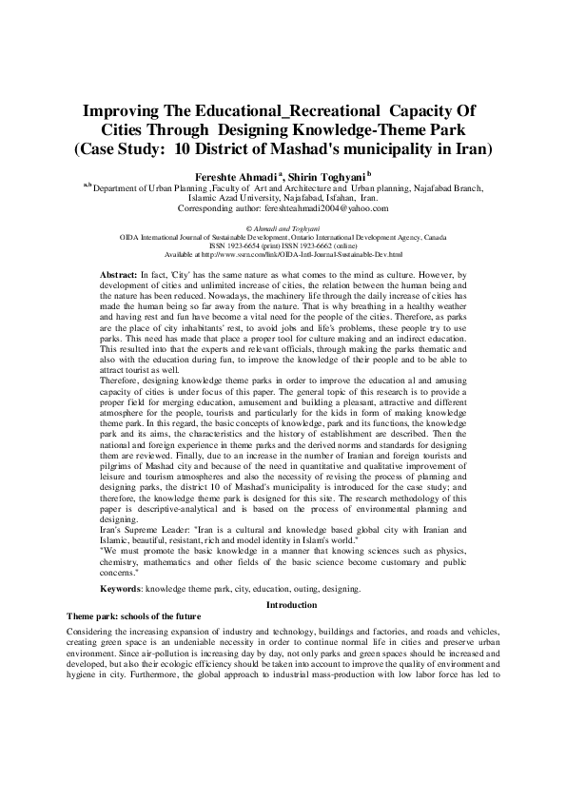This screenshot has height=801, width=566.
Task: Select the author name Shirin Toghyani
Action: (307, 177)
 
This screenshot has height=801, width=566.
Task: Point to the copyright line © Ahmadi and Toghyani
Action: (283, 229)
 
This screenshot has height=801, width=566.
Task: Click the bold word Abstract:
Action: (119, 274)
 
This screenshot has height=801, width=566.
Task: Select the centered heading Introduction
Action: (283, 605)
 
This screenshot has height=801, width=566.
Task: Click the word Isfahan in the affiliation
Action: (331, 198)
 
